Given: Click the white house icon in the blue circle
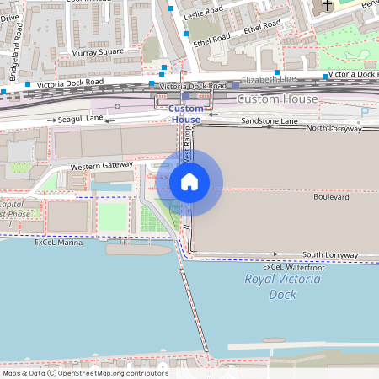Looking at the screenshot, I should (x=189, y=182).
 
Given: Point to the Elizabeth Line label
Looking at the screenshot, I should (x=269, y=79).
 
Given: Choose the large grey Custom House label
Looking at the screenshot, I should (x=278, y=99).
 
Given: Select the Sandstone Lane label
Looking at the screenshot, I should (x=270, y=122).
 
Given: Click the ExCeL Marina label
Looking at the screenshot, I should (x=59, y=243).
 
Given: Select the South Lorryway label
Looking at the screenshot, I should (x=330, y=254).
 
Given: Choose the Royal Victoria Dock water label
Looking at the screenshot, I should (x=282, y=286).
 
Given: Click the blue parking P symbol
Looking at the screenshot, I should (x=365, y=113).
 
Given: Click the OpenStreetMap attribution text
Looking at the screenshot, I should (x=84, y=373).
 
